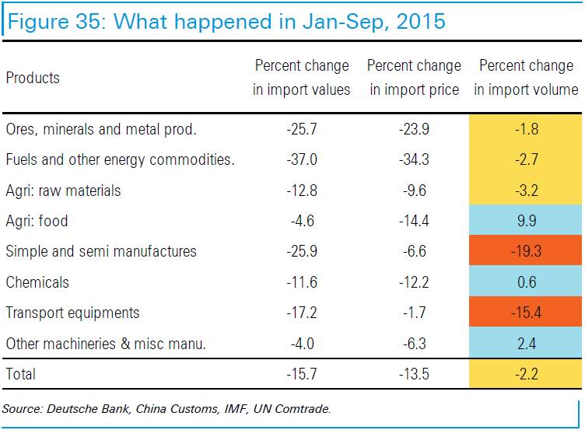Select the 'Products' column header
[x=33, y=78]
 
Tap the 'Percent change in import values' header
[x=302, y=78]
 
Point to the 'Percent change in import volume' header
[x=526, y=78]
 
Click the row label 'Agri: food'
[x=37, y=221]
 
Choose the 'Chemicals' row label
[x=37, y=282]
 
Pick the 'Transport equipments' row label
[x=72, y=313]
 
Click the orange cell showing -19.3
[x=526, y=252]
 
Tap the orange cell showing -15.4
[x=526, y=313]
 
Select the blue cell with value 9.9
[x=526, y=221]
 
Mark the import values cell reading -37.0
[x=302, y=160]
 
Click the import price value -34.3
[x=414, y=160]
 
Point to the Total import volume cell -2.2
[x=526, y=374]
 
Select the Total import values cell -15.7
[x=302, y=374]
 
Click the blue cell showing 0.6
[x=526, y=282]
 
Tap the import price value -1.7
[x=414, y=313]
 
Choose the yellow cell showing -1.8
[x=526, y=129]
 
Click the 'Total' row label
[x=20, y=374]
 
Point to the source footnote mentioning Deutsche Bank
[x=166, y=408]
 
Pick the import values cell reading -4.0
[x=302, y=344]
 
